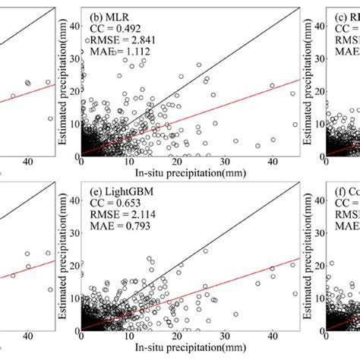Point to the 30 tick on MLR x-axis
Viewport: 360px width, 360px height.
click(225, 162)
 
